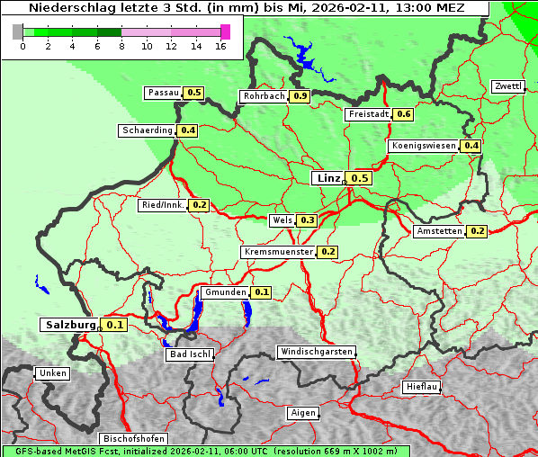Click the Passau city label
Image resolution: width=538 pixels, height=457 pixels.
tap(164, 93)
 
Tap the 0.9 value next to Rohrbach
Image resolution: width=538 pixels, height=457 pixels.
tap(300, 96)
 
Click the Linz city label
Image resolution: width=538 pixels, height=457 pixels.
tap(328, 178)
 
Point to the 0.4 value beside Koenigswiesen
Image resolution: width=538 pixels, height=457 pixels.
tap(471, 146)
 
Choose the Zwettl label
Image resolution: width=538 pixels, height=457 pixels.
tap(508, 86)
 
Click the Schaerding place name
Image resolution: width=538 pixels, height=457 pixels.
tap(148, 130)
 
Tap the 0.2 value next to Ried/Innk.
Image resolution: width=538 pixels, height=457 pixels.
tap(200, 205)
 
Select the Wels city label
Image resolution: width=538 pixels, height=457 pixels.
tap(282, 220)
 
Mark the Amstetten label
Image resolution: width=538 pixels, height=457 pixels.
tap(440, 231)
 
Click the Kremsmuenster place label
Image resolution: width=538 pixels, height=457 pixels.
tap(279, 252)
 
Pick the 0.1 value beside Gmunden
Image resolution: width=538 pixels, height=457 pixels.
tap(262, 292)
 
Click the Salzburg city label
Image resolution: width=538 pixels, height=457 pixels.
tap(70, 324)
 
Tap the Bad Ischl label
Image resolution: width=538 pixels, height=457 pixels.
tap(190, 354)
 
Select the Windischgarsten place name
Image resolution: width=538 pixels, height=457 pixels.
tap(316, 352)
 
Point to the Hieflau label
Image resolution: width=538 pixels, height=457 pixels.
tap(423, 387)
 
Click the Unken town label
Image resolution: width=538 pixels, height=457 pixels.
tap(52, 373)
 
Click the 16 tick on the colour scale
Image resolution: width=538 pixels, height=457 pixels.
tap(221, 46)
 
